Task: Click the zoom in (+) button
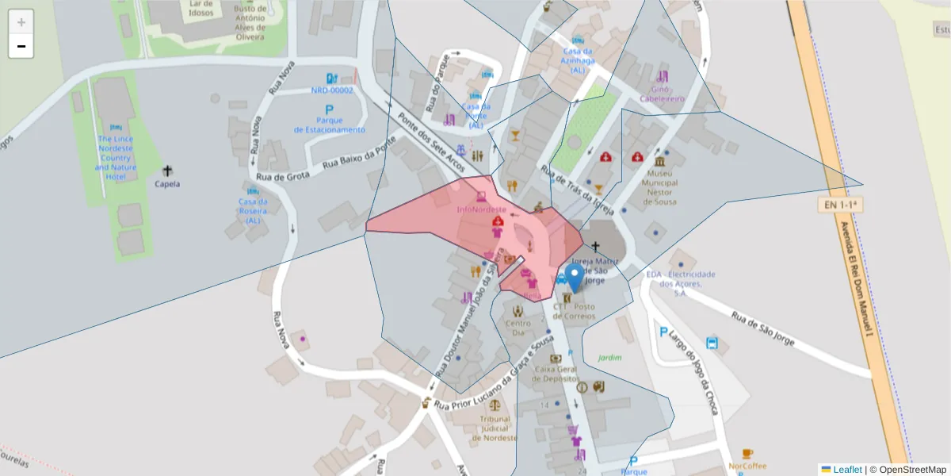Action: (x=21, y=22)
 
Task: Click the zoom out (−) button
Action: (x=21, y=46)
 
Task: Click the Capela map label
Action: (x=167, y=184)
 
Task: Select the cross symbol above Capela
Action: (x=167, y=171)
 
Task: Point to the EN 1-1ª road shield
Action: (x=840, y=205)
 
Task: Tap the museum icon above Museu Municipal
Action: (x=661, y=160)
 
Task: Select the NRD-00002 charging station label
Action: (x=332, y=90)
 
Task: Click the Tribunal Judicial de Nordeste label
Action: (x=495, y=428)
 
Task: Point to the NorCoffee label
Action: (x=747, y=466)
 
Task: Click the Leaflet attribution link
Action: (x=847, y=470)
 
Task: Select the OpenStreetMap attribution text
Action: (x=907, y=470)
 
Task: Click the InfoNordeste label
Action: (x=481, y=209)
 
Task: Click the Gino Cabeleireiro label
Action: (x=663, y=94)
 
